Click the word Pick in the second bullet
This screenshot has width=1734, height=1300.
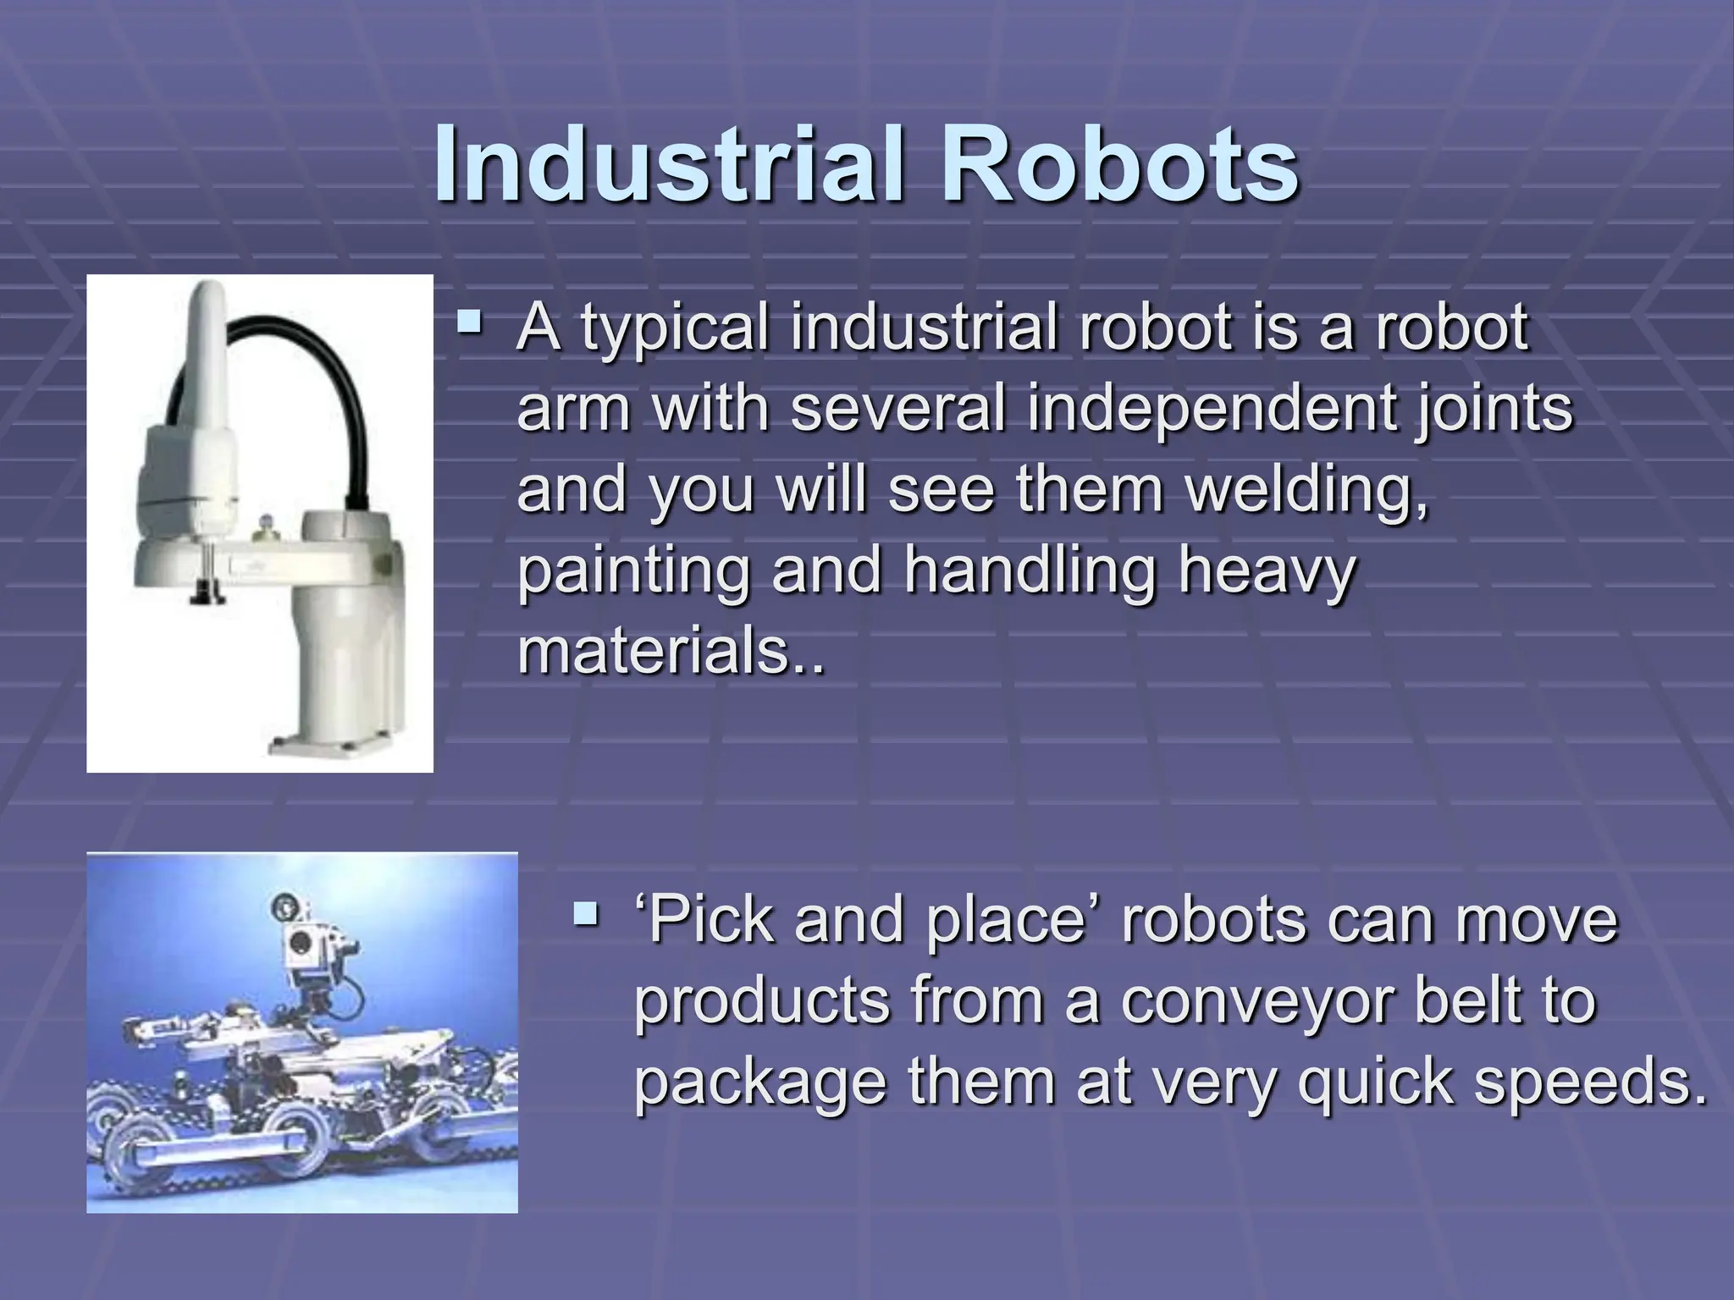(711, 920)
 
